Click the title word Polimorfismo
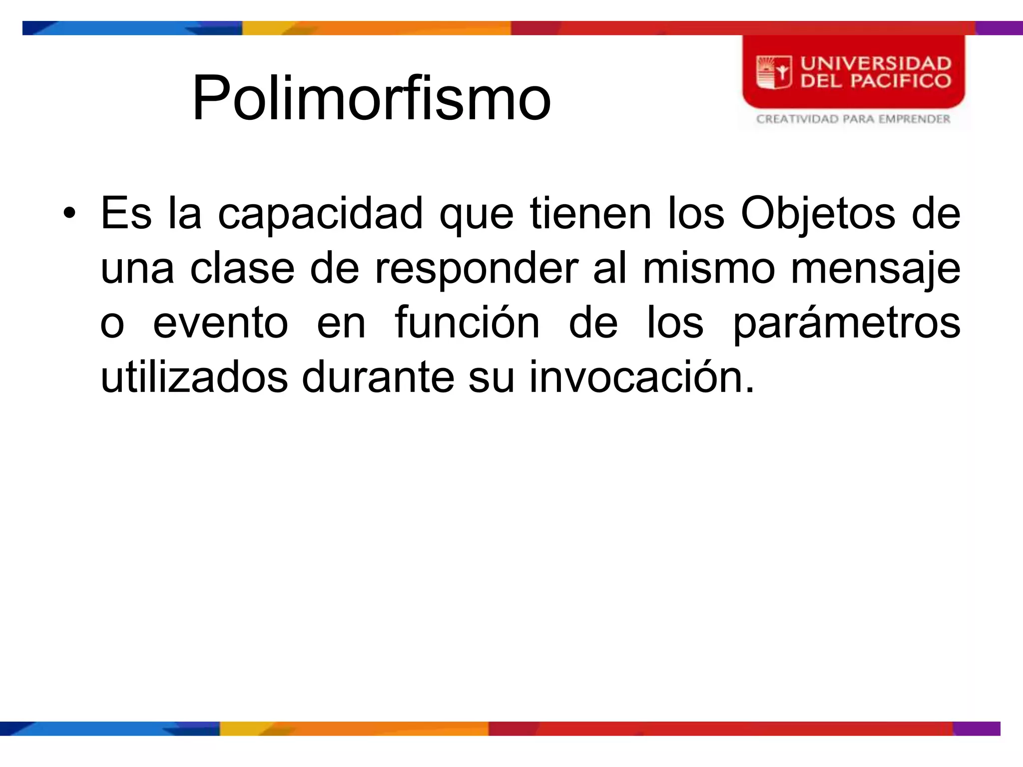pyautogui.click(x=371, y=97)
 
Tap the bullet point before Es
pyautogui.click(x=69, y=214)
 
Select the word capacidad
pyautogui.click(x=320, y=214)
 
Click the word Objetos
pyautogui.click(x=818, y=214)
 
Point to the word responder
pyautogui.click(x=476, y=269)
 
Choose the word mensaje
pyautogui.click(x=875, y=269)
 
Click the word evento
pyautogui.click(x=220, y=323)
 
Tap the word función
pyautogui.click(x=467, y=323)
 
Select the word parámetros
pyautogui.click(x=846, y=323)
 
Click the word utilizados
pyautogui.click(x=194, y=378)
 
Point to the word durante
pyautogui.click(x=378, y=378)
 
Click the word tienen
pyautogui.click(x=590, y=214)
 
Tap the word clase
pyautogui.click(x=242, y=269)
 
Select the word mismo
pyautogui.click(x=709, y=269)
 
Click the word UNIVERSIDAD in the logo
pyautogui.click(x=876, y=63)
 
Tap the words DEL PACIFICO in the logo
pyautogui.click(x=876, y=81)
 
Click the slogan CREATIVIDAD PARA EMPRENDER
pyautogui.click(x=853, y=119)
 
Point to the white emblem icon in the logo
pyautogui.click(x=774, y=72)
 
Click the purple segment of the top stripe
pyautogui.click(x=999, y=28)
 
